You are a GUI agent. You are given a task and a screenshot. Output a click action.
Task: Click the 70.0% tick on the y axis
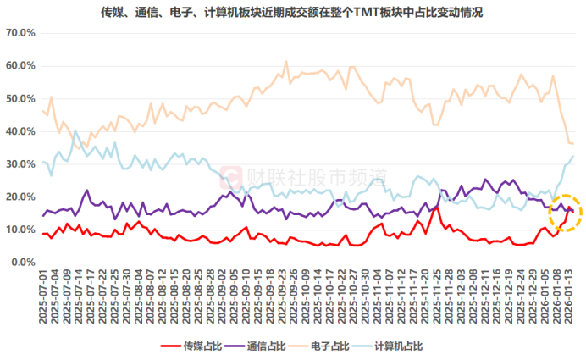pos(20,32)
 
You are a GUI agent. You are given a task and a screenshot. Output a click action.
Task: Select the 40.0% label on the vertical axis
pos(20,131)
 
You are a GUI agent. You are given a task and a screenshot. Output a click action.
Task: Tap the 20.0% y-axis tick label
pos(20,197)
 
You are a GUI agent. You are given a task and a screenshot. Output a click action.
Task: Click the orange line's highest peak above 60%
pos(286,62)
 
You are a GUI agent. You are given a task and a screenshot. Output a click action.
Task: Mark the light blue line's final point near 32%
pos(573,156)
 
